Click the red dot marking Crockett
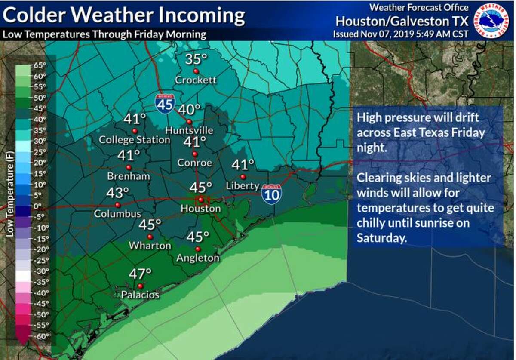pos(196,71)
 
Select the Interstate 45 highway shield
pos(165,104)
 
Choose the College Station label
pos(134,140)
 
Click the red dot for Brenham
pos(129,167)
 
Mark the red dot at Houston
pos(200,199)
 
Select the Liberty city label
pos(243,186)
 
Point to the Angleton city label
pos(198,258)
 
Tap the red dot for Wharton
pos(150,237)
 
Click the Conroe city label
pos(195,163)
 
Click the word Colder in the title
pos(34,15)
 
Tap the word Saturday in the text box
pos(381,238)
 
